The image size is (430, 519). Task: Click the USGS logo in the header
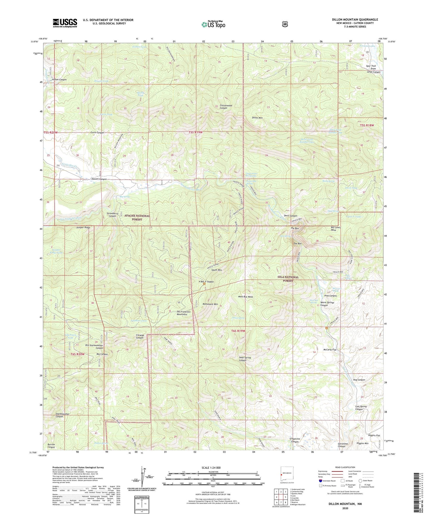click(x=65, y=23)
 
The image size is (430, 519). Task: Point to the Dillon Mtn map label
click(x=257, y=118)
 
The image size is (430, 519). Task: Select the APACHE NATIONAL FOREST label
click(x=137, y=217)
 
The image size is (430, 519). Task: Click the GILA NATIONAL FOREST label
click(x=288, y=279)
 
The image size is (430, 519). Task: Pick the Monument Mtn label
click(x=210, y=304)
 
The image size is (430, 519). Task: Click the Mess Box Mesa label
click(x=246, y=297)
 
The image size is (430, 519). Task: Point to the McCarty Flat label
click(x=330, y=350)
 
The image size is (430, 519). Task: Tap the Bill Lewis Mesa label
click(x=336, y=229)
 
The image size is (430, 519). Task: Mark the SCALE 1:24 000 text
click(x=211, y=468)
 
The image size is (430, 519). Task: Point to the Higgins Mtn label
click(x=362, y=443)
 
